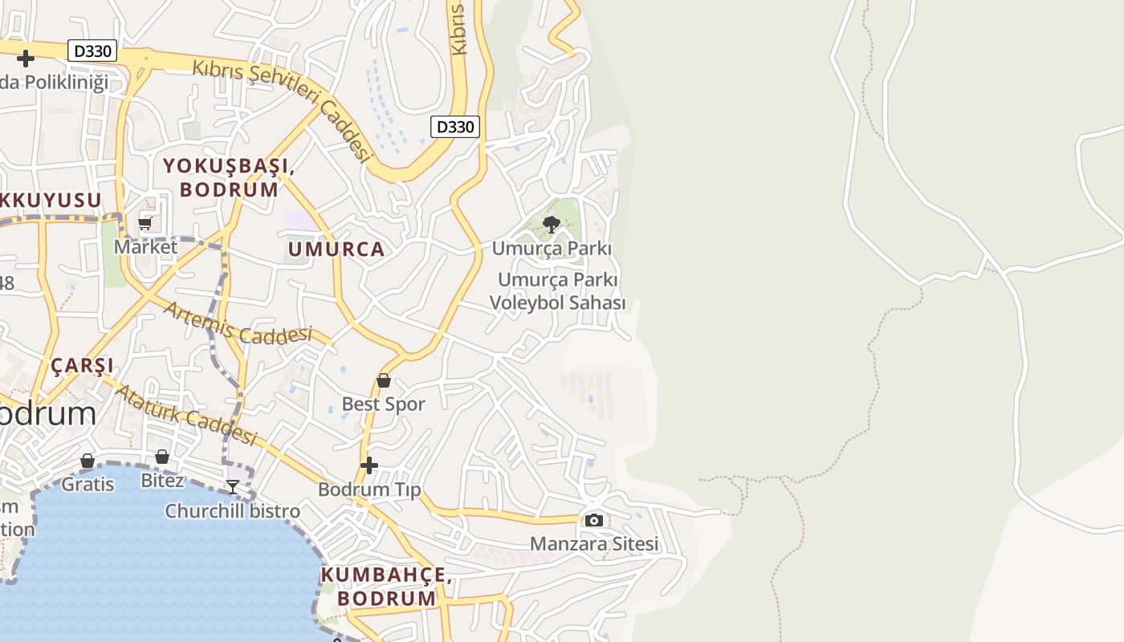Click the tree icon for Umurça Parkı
551,225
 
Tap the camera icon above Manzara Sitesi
593,521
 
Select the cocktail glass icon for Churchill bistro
233,487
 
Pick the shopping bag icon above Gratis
88,461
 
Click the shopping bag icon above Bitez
162,457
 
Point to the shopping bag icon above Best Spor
384,380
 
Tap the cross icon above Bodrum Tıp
369,465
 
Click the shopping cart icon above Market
145,223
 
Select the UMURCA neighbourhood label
336,250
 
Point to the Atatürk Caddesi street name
186,415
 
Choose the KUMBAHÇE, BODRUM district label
386,587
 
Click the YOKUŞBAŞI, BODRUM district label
230,177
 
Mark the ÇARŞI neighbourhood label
83,366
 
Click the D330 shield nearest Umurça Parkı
455,127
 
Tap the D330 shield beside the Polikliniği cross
92,51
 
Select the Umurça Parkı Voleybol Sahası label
557,291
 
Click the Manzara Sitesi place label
593,544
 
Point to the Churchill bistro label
232,511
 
